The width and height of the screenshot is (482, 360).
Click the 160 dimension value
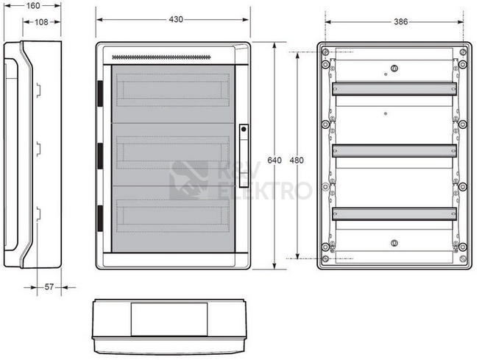coord(33,6)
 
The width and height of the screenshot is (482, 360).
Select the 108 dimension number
coord(41,22)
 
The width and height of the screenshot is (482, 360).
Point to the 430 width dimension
coord(176,19)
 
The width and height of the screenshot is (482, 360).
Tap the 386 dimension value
coord(401,21)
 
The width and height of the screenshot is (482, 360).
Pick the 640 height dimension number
coord(274,160)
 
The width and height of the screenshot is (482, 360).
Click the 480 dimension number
coord(297,160)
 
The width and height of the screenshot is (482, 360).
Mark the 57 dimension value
coord(49,287)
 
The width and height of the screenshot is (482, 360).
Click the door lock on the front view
coord(244,156)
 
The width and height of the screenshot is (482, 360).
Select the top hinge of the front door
coord(100,93)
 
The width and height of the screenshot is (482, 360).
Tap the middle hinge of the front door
coord(100,156)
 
